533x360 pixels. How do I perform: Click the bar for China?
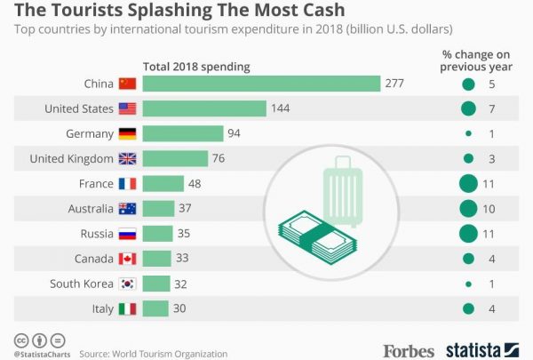260,84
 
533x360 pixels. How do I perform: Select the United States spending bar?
204,108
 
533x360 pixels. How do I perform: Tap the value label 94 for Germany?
235,133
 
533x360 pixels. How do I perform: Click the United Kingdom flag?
128,159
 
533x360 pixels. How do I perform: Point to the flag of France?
128,184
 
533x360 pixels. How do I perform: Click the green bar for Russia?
158,234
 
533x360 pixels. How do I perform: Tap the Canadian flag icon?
128,259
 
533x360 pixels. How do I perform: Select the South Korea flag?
128,284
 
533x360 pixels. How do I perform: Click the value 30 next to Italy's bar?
180,308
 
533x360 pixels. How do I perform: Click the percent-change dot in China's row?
468,84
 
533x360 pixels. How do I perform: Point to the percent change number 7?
491,109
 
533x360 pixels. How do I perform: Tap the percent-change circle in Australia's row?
468,209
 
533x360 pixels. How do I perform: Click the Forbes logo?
409,350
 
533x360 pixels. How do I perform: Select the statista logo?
485,349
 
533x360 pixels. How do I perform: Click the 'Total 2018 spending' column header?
196,67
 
